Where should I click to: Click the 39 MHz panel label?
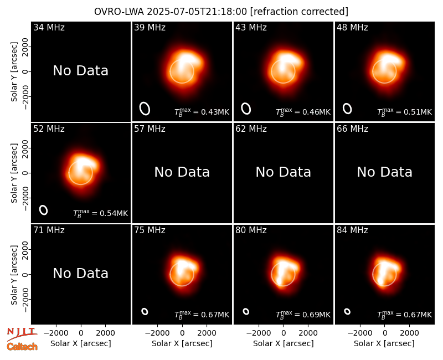(150, 27)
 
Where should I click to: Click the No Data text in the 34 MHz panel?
(80, 71)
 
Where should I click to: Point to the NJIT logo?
(22, 334)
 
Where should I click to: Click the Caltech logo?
(22, 347)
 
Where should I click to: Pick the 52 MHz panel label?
(49, 129)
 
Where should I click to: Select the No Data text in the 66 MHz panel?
(384, 172)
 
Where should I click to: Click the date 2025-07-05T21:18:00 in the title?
(197, 12)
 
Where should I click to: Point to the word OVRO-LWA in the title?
(119, 12)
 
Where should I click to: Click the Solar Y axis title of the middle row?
(14, 173)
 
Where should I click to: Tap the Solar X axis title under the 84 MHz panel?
(384, 343)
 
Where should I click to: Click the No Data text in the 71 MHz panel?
(80, 274)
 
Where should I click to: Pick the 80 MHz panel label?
(251, 230)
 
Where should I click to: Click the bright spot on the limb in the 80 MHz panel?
(279, 281)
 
